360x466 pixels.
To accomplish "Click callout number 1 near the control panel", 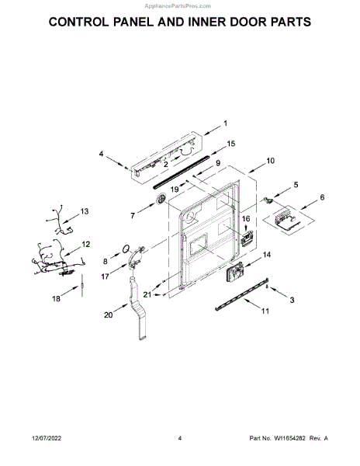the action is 225,123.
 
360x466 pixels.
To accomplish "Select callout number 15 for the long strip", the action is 231,144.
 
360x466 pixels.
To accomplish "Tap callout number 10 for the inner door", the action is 270,161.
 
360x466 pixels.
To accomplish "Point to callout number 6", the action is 322,197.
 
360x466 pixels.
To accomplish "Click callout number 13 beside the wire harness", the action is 85,211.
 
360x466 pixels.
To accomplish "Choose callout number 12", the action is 86,245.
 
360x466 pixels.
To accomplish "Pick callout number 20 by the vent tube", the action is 109,315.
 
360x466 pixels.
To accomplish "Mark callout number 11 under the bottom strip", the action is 265,311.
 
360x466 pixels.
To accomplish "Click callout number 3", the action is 292,300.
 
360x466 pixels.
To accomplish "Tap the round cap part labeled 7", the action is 161,198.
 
